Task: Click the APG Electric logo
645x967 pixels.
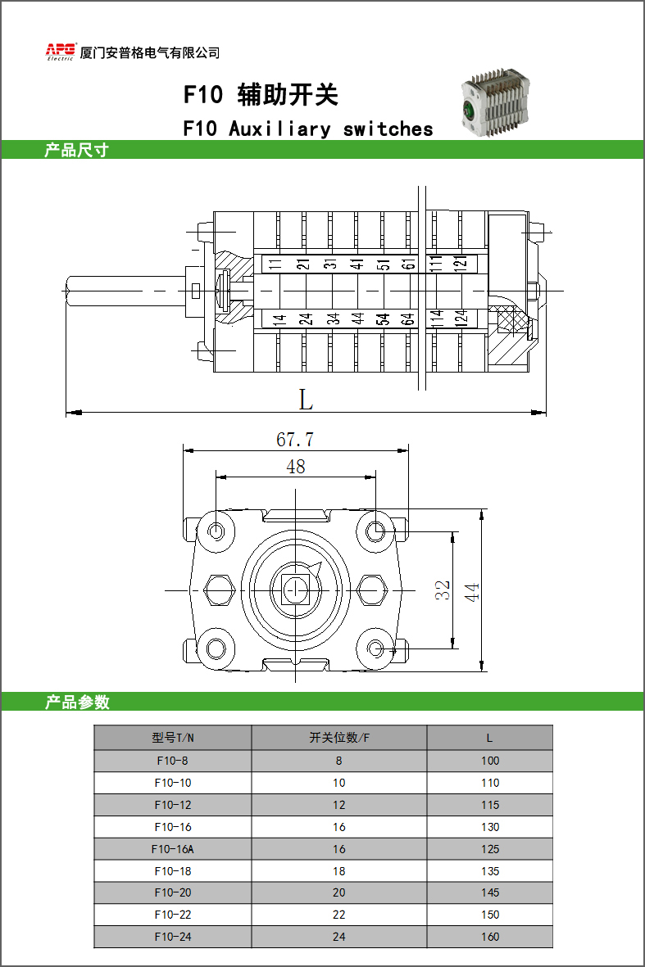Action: (61, 52)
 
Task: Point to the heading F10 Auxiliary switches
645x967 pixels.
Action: (308, 129)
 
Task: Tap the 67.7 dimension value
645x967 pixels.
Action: (295, 440)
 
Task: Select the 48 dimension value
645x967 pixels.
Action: (296, 467)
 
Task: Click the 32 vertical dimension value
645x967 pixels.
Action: (442, 590)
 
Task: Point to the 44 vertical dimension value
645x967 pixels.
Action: (471, 592)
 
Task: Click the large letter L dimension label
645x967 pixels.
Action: (307, 400)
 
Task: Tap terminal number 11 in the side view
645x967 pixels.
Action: (275, 264)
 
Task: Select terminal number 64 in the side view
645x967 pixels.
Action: (407, 319)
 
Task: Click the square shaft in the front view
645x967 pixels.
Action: (296, 590)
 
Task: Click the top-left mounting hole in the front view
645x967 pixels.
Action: (216, 531)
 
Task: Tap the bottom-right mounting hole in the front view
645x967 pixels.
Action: (375, 648)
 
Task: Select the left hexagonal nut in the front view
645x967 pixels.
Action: (219, 590)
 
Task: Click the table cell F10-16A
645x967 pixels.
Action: (173, 849)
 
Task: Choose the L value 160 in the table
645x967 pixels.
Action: (490, 937)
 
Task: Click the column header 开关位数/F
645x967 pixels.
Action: (338, 738)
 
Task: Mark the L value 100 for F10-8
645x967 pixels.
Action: (490, 761)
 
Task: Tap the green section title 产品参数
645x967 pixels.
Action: (77, 702)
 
